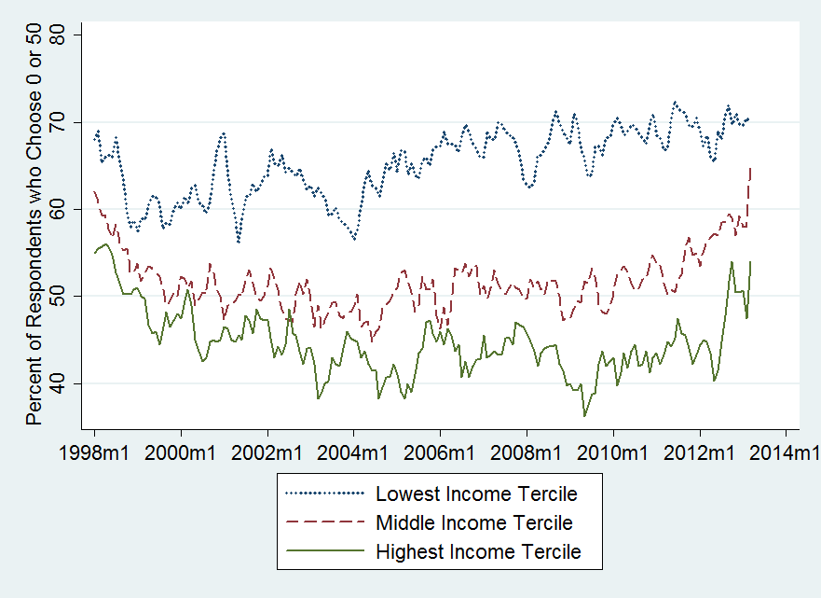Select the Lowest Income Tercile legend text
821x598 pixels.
[x=476, y=493]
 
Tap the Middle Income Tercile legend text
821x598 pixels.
[x=473, y=522]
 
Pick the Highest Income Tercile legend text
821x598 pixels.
[x=478, y=551]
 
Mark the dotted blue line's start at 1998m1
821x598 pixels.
[x=94, y=137]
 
